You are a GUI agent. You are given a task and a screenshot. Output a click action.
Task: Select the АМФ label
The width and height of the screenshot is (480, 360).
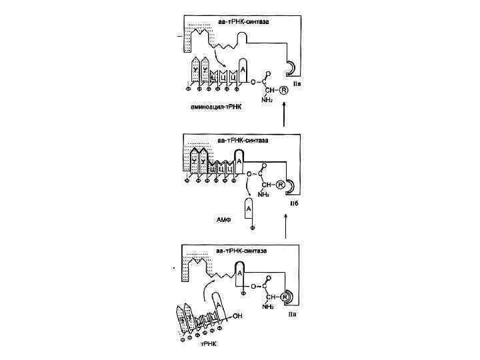[223, 218]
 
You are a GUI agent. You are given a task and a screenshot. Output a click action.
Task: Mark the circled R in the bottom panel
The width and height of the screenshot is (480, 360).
[284, 296]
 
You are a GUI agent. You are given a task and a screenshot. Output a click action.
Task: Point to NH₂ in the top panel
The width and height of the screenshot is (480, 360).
[267, 99]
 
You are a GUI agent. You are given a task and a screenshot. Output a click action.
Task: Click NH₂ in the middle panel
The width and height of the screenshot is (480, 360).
[265, 195]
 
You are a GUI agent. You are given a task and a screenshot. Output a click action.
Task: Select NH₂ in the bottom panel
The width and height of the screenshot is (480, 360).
[268, 307]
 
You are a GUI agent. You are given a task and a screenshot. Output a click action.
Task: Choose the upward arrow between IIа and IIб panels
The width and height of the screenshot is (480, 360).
[285, 227]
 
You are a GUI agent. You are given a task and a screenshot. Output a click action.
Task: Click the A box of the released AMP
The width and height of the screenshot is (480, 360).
[249, 209]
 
